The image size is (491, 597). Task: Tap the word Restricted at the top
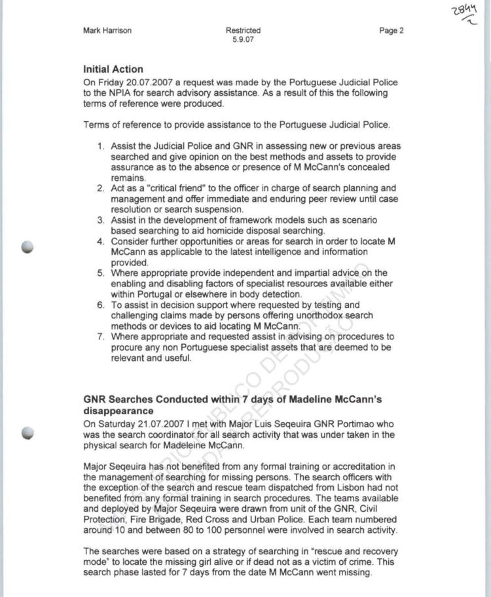pyautogui.click(x=243, y=31)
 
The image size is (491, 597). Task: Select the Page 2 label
pyautogui.click(x=391, y=31)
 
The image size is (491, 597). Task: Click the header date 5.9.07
pyautogui.click(x=243, y=40)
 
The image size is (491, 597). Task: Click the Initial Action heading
pyautogui.click(x=113, y=69)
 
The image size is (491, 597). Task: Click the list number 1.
pyautogui.click(x=101, y=146)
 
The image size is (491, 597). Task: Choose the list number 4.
pyautogui.click(x=101, y=242)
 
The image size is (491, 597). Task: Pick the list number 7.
pyautogui.click(x=101, y=337)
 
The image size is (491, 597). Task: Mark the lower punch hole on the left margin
pyautogui.click(x=27, y=432)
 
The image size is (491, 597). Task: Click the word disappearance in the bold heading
pyautogui.click(x=118, y=411)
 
